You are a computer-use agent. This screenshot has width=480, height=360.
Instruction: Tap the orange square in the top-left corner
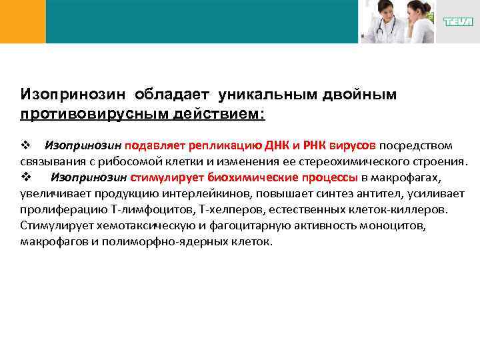click(x=23, y=21)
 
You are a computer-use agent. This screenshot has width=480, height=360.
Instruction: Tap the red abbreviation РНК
click(x=315, y=145)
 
